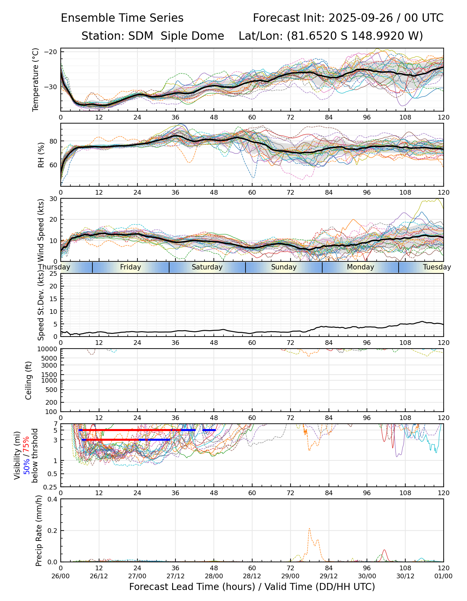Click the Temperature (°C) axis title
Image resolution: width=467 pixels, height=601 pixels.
coord(36,79)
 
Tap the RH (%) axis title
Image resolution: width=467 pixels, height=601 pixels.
coord(41,155)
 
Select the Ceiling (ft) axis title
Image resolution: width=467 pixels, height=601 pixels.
coord(29,380)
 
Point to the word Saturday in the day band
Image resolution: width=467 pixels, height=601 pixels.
coord(207,267)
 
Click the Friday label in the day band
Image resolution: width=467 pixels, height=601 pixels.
coord(130,267)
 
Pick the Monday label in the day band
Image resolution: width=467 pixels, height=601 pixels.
coord(360,267)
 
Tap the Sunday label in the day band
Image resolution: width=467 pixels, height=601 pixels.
coord(284,267)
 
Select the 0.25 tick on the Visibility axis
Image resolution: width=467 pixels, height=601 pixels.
coord(51,487)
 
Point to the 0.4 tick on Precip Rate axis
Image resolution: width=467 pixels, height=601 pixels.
coord(53,499)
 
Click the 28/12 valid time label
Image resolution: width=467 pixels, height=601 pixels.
coord(252,576)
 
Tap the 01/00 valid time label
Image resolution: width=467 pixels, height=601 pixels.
coord(443,576)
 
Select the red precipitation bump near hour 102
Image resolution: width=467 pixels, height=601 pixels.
coord(384,550)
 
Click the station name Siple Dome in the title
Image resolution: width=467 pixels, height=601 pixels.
coord(192,36)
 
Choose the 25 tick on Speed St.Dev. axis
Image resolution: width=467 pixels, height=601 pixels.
coord(54,274)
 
